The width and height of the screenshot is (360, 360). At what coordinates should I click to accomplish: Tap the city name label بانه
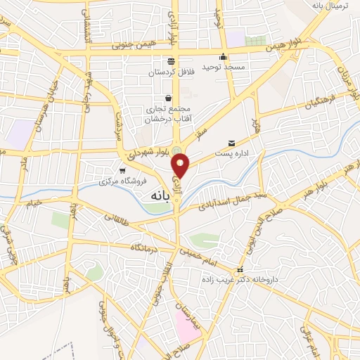pos(157,198)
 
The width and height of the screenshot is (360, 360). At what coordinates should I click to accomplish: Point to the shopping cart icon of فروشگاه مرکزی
pos(123,170)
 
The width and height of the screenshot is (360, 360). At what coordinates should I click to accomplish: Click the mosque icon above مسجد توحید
pos(224,57)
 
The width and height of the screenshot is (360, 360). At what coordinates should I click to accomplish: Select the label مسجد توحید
pos(224,67)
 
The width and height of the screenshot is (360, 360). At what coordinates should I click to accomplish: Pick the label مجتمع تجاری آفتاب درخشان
pos(169,114)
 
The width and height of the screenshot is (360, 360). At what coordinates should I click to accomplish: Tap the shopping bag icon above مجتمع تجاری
pos(168,98)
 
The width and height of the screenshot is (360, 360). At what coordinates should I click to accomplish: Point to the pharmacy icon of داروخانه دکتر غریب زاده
pos(240,269)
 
